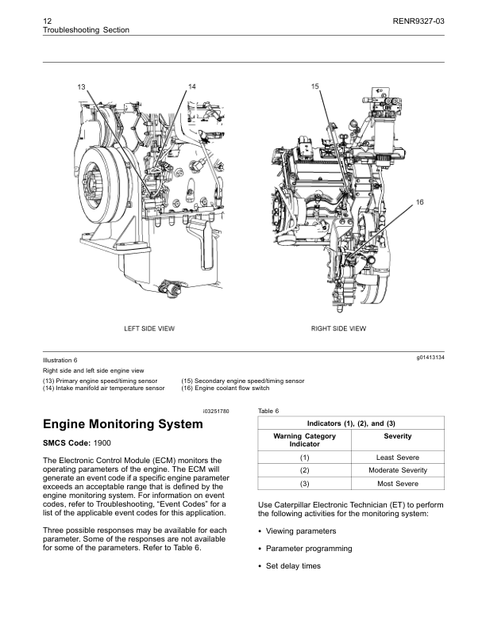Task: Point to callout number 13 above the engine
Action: click(81, 86)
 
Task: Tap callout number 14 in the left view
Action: click(192, 85)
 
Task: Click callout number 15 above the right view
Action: click(315, 85)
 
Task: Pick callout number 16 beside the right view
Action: click(420, 204)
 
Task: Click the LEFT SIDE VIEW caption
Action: click(149, 328)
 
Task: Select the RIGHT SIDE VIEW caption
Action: click(338, 328)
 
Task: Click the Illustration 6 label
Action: click(60, 360)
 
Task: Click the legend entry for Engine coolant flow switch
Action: click(226, 389)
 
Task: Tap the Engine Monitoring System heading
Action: click(122, 424)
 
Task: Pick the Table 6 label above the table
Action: click(269, 411)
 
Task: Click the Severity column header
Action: click(397, 436)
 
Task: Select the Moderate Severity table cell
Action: click(397, 470)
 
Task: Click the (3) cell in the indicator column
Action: click(304, 484)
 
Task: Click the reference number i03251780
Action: click(215, 411)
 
